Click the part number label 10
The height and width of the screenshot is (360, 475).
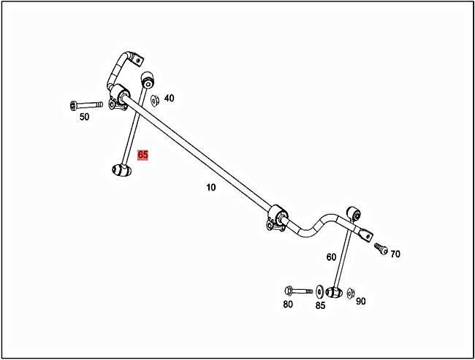pos(210,188)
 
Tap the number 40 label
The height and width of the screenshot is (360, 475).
pos(169,98)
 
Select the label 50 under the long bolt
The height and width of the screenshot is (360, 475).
pos(84,117)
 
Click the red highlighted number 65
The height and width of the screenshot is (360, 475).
pos(142,155)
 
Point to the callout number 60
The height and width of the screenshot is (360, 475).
pos(331,257)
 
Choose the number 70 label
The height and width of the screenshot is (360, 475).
pos(395,254)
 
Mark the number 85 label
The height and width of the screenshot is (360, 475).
pos(320,305)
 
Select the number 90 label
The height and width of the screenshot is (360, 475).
pos(360,301)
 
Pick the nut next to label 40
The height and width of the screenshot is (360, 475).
pos(155,99)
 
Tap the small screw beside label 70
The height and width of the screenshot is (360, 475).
pos(380,248)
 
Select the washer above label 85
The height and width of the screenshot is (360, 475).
pos(320,291)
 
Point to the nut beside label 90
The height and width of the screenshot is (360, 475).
pos(351,292)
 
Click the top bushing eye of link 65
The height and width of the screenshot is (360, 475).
pos(146,78)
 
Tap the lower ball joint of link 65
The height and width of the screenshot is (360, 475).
pos(120,170)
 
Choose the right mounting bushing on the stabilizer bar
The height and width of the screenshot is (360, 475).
pos(278,218)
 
